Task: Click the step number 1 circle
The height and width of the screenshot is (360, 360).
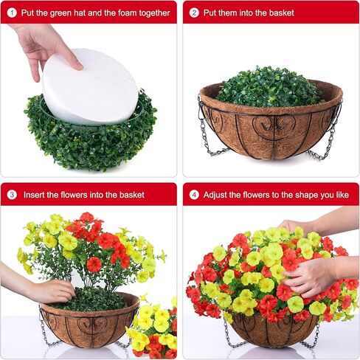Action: (x=12, y=13)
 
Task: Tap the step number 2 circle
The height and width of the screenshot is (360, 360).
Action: (x=194, y=13)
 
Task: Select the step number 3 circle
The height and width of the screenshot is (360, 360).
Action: (x=12, y=195)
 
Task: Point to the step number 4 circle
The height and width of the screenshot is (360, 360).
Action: (x=194, y=195)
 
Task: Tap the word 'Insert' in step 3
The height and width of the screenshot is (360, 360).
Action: (x=36, y=195)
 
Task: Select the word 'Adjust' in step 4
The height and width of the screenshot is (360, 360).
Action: (x=218, y=195)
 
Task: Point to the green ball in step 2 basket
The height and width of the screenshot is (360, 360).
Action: (x=269, y=87)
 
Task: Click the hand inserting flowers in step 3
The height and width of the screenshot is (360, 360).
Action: (x=48, y=291)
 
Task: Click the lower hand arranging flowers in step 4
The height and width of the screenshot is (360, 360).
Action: (x=310, y=277)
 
